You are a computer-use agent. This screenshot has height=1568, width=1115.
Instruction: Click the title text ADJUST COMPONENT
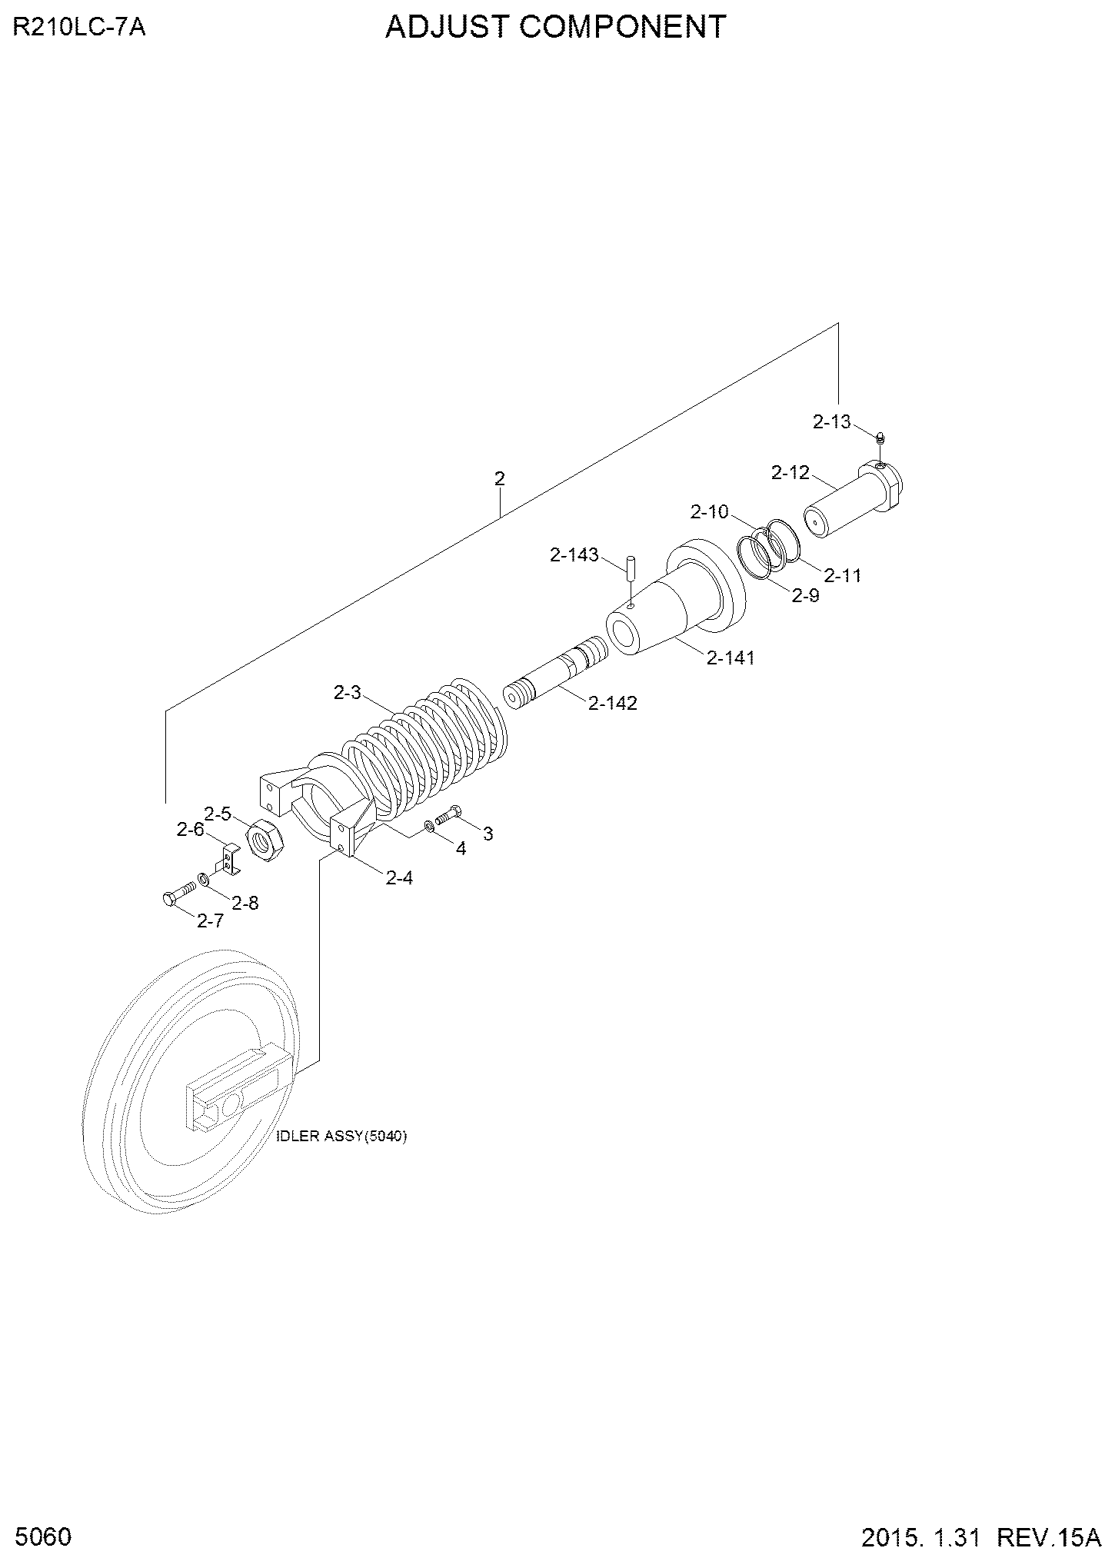tap(555, 28)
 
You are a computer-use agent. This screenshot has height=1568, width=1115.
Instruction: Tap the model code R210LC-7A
tap(79, 28)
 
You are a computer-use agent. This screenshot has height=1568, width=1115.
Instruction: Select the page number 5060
tap(42, 1537)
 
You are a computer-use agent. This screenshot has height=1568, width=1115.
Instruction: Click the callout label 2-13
tap(832, 421)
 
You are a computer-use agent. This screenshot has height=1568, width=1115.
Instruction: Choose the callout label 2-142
tap(613, 703)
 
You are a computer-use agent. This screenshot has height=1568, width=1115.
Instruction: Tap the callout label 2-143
tap(574, 554)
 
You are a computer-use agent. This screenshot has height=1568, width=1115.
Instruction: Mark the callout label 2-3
tap(347, 693)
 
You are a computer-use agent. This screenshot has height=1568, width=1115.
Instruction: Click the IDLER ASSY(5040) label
tap(341, 1137)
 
